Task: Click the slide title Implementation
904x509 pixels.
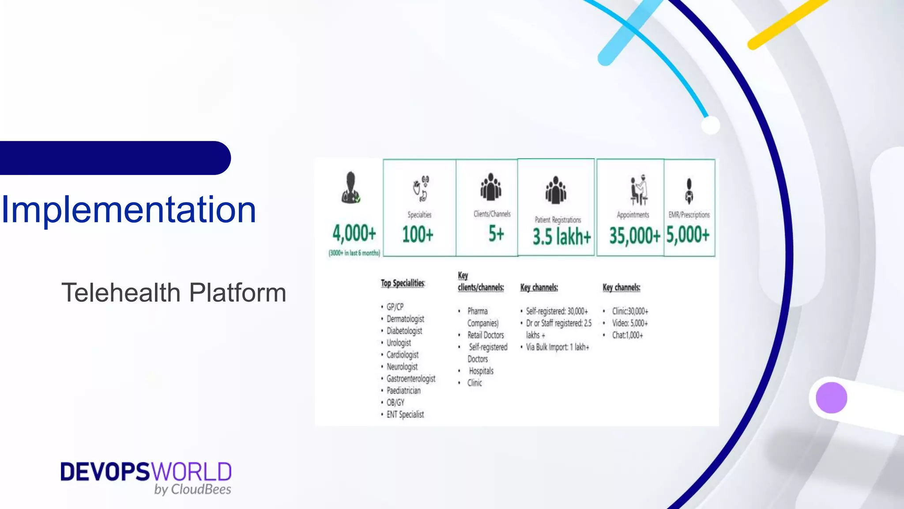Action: click(129, 210)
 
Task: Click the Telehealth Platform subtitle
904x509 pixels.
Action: click(173, 292)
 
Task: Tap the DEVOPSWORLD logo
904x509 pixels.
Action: click(146, 477)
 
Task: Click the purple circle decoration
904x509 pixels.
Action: click(831, 398)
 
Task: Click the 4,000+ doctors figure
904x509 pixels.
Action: click(354, 233)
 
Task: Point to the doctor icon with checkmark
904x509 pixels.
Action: click(351, 188)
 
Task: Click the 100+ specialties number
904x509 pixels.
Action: click(418, 234)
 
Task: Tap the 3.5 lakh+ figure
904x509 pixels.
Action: click(561, 236)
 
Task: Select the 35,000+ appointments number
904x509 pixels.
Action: click(634, 236)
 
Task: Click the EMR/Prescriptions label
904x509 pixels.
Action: click(689, 215)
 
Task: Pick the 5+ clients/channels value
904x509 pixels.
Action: click(496, 233)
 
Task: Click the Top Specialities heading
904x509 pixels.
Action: click(403, 283)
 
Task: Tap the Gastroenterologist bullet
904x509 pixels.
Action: click(411, 379)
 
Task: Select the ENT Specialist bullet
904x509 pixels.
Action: click(405, 414)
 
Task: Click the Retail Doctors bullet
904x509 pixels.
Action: click(486, 335)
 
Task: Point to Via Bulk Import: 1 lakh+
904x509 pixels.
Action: click(557, 347)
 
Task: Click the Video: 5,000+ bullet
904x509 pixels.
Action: click(629, 323)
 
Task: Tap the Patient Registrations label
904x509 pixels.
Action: click(557, 220)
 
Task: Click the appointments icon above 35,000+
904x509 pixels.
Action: click(638, 190)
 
